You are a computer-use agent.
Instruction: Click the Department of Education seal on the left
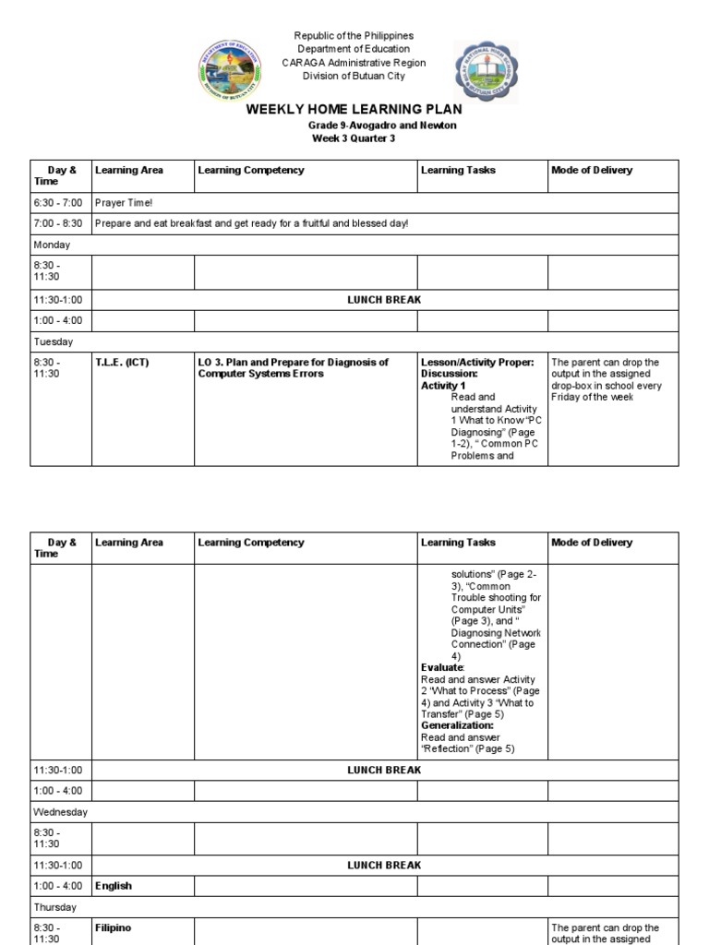pyautogui.click(x=230, y=74)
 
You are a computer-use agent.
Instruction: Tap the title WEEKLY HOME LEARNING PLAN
pyautogui.click(x=354, y=110)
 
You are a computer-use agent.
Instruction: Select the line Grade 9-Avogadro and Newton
pyautogui.click(x=381, y=126)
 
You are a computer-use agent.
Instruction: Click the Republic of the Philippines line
pyautogui.click(x=354, y=36)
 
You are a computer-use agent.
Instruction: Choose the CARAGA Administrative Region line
pyautogui.click(x=354, y=62)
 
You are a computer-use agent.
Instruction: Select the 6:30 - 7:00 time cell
pyautogui.click(x=58, y=202)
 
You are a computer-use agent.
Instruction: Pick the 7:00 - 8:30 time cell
pyautogui.click(x=58, y=223)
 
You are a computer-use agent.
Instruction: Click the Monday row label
pyautogui.click(x=53, y=245)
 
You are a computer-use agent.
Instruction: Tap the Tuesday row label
pyautogui.click(x=54, y=341)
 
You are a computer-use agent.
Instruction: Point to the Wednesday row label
pyautogui.click(x=60, y=812)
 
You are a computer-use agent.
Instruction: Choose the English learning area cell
pyautogui.click(x=114, y=886)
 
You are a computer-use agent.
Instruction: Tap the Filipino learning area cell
pyautogui.click(x=113, y=927)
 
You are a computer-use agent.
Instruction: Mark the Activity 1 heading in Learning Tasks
pyautogui.click(x=443, y=386)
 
